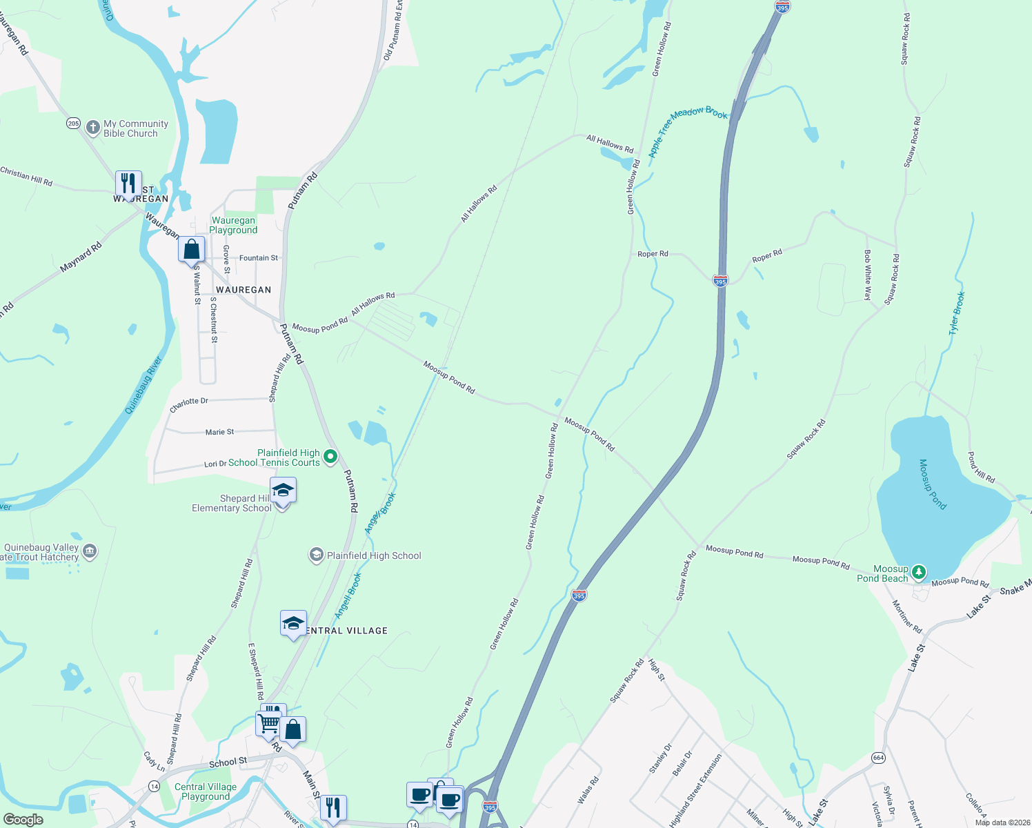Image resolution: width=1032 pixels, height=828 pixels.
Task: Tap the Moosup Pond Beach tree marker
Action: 918,572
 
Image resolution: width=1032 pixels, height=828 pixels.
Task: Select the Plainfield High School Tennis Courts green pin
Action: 330,456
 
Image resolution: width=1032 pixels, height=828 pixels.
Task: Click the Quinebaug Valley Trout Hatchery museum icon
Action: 90,551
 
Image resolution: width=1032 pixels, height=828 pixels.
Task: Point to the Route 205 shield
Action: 74,124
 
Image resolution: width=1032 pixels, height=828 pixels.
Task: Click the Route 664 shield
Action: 878,757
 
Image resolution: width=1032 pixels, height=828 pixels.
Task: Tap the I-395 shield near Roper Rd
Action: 720,282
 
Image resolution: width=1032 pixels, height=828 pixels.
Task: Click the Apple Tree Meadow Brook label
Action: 688,130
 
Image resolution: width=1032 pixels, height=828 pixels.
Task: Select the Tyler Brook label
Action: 957,313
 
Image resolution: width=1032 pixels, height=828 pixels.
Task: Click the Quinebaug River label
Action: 143,385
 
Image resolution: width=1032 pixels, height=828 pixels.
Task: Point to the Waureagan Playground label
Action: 233,226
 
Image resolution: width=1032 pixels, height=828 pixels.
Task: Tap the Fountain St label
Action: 259,258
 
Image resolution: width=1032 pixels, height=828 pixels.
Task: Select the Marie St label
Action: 219,432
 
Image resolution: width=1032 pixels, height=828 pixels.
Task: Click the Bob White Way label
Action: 868,275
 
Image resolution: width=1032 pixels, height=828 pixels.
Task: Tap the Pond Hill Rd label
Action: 981,467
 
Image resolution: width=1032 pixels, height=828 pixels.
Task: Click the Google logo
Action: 23,820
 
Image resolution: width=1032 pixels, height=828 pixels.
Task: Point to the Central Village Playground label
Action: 206,791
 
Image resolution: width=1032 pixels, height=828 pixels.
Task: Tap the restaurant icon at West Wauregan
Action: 128,184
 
